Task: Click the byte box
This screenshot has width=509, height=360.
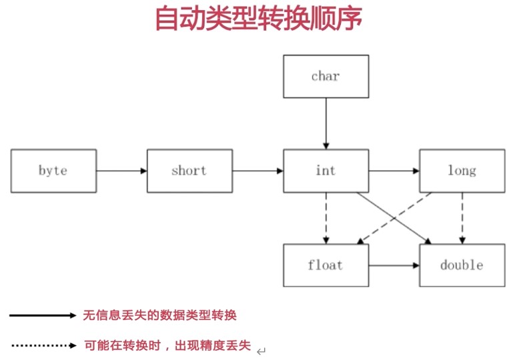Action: [53, 171]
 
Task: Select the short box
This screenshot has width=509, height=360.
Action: [189, 171]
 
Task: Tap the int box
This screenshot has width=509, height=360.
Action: [326, 171]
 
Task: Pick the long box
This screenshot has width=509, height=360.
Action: [462, 171]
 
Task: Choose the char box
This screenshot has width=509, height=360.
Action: [326, 76]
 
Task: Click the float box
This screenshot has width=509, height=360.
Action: [326, 265]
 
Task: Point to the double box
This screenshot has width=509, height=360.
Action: [462, 265]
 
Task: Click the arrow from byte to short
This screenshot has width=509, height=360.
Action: [121, 171]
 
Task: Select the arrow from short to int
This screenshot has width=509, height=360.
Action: [258, 171]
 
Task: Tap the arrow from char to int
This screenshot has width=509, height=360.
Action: [326, 123]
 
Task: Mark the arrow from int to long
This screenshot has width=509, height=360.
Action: [394, 171]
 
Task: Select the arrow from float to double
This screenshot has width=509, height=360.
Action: [394, 265]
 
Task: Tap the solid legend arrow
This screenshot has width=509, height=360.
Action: [44, 316]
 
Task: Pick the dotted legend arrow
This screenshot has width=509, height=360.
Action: [44, 345]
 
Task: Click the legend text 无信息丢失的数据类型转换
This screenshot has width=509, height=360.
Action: [159, 315]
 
